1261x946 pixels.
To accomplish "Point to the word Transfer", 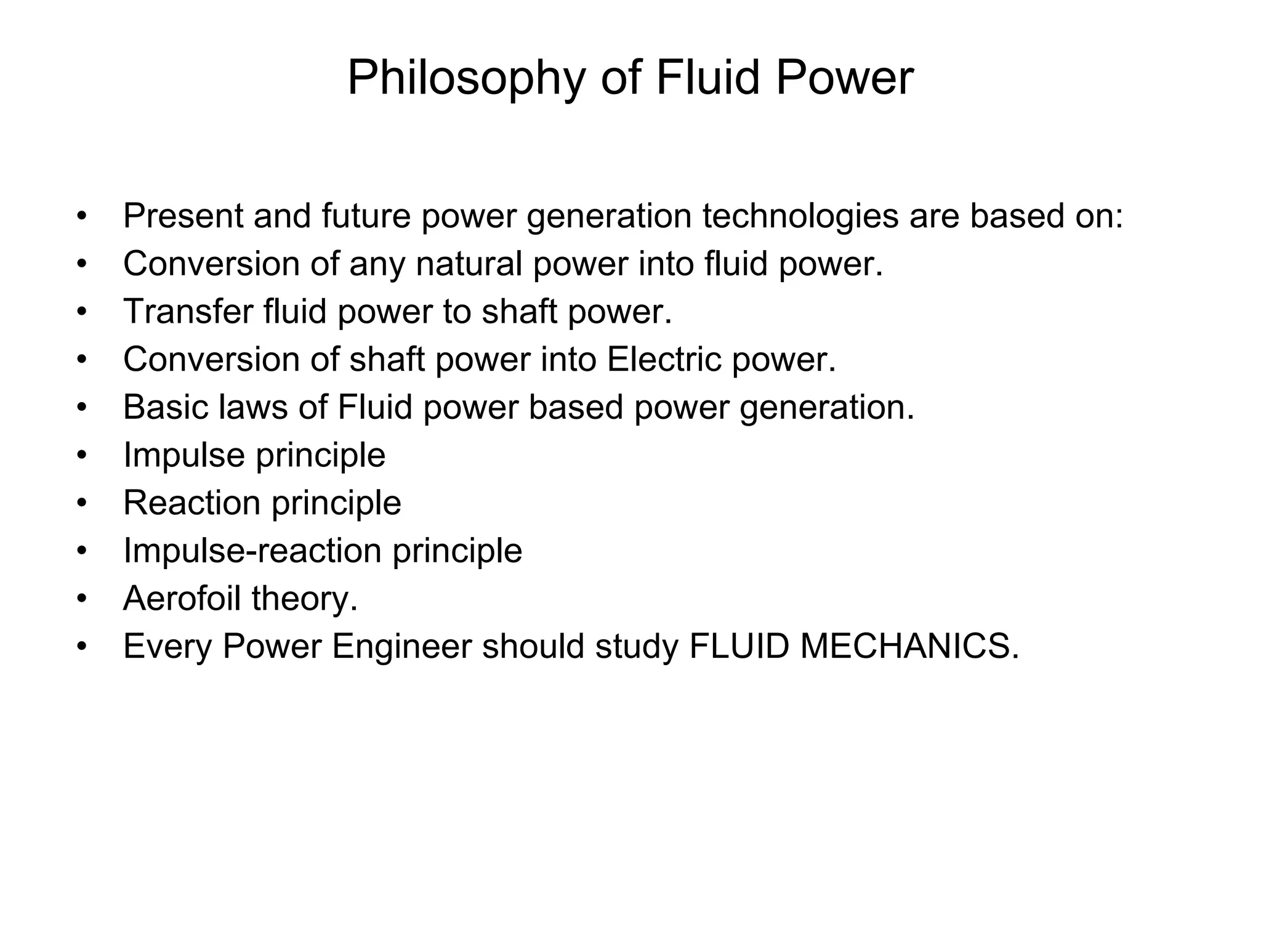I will (x=188, y=311).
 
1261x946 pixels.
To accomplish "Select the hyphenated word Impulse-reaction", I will (x=252, y=551).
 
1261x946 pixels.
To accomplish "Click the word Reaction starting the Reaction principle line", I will (x=191, y=503).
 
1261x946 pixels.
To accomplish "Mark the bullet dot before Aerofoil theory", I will (x=82, y=599).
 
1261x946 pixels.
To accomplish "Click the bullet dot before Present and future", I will (x=82, y=217).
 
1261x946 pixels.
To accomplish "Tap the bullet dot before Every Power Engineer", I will (x=82, y=647).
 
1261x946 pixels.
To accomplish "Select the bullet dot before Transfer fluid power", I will (x=82, y=312).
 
